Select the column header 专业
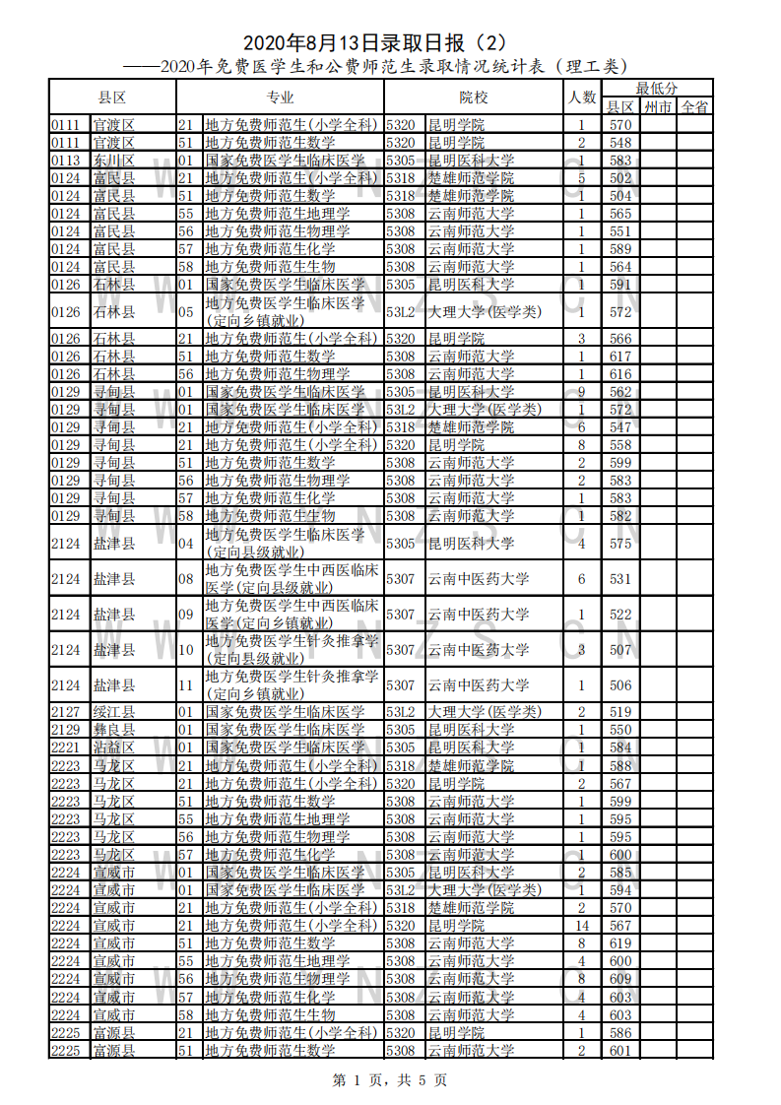(x=280, y=97)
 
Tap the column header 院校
(x=473, y=97)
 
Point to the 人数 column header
(x=582, y=97)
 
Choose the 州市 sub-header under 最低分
(x=657, y=107)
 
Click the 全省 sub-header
(x=695, y=107)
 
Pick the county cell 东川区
(x=113, y=161)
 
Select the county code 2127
(x=66, y=712)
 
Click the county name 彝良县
(x=113, y=730)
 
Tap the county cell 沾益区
(x=113, y=747)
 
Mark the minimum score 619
(x=619, y=942)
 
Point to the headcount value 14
(x=582, y=925)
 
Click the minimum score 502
(x=619, y=178)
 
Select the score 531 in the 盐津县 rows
(x=619, y=579)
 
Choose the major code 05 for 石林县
(x=185, y=312)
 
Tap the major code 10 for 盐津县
(x=185, y=650)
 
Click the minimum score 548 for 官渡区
(x=619, y=143)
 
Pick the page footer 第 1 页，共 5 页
(x=390, y=1080)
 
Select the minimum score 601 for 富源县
(x=619, y=1050)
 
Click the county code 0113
(x=66, y=161)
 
